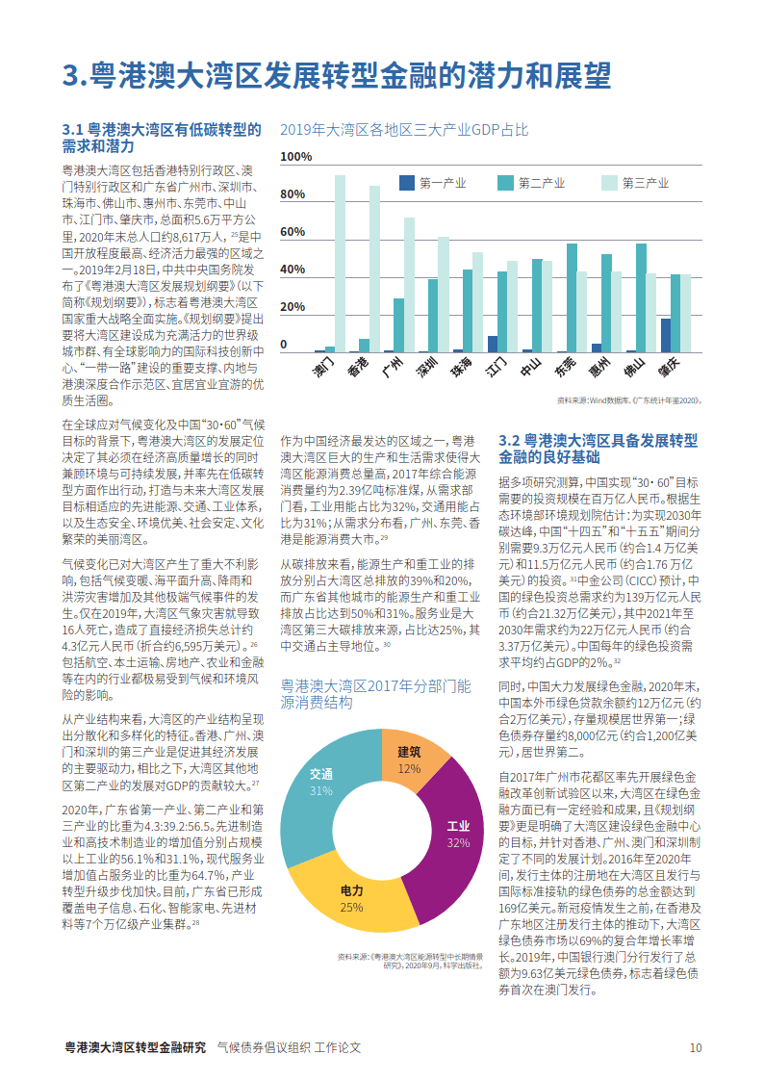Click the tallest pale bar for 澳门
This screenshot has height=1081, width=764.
pyautogui.click(x=341, y=264)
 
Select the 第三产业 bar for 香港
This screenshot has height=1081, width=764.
pyautogui.click(x=374, y=269)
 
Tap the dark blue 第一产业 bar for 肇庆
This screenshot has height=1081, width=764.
pyautogui.click(x=666, y=336)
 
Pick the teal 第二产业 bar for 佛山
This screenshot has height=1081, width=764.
pyautogui.click(x=642, y=298)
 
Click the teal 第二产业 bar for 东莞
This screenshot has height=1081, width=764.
pyautogui.click(x=572, y=298)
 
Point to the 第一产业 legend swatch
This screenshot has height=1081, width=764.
pyautogui.click(x=407, y=183)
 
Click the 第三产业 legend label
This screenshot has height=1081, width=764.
pyautogui.click(x=646, y=184)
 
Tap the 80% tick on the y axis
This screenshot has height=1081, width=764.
pyautogui.click(x=293, y=194)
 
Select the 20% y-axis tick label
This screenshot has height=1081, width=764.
pyautogui.click(x=293, y=307)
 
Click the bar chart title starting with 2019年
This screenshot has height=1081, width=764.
pyautogui.click(x=404, y=130)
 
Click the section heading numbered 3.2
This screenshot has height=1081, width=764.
pyautogui.click(x=598, y=449)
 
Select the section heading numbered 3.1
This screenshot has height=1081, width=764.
pyautogui.click(x=162, y=138)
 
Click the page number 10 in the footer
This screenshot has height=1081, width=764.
pyautogui.click(x=696, y=1048)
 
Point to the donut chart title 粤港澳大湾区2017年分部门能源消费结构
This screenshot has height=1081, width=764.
pyautogui.click(x=375, y=694)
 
